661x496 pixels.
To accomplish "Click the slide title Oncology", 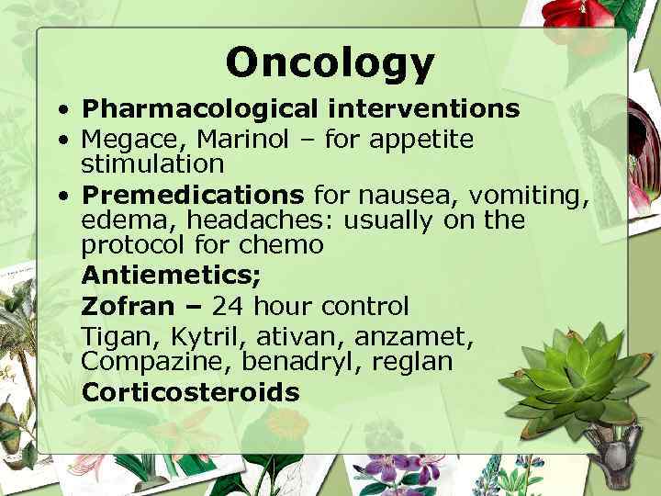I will pos(330,62).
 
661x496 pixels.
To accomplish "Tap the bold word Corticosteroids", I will pos(190,392).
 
